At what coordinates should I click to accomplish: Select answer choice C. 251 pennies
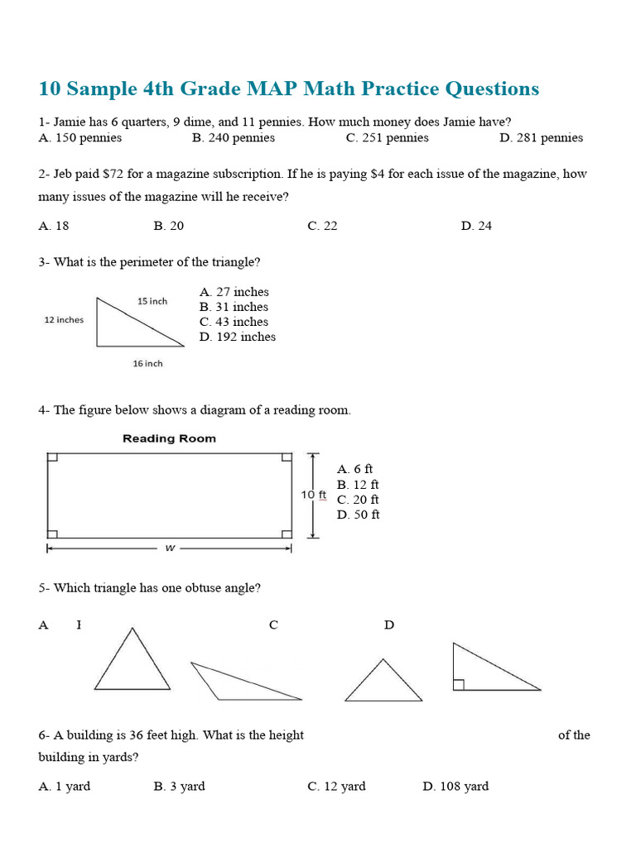point(387,138)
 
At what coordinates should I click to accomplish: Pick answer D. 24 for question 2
point(476,226)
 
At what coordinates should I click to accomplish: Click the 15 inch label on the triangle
point(152,301)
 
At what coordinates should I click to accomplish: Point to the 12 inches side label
point(64,320)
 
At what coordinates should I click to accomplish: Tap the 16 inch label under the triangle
point(147,363)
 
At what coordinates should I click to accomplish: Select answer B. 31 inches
point(234,307)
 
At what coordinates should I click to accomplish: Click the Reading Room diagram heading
point(169,438)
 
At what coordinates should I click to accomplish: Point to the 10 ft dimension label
point(314,495)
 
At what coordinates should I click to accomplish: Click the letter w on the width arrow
point(169,547)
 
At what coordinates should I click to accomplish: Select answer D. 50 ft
point(358,514)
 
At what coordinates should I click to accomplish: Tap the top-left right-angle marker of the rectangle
point(52,457)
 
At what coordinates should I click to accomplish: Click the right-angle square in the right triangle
point(458,684)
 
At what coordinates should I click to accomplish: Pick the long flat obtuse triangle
point(239,681)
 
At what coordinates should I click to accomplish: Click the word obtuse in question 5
point(190,588)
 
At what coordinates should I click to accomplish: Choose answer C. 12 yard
point(336,787)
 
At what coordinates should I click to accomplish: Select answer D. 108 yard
point(455,787)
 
